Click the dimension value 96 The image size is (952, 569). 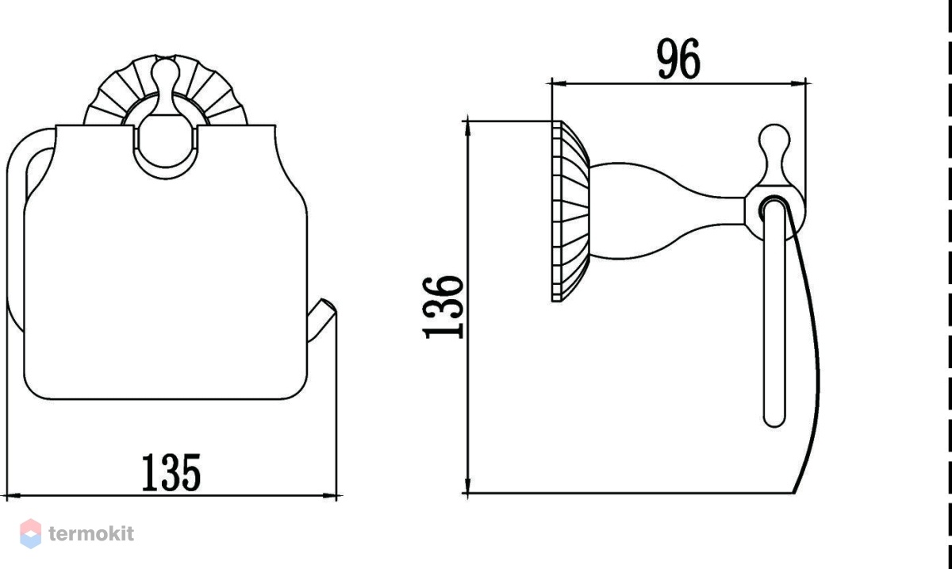[678, 59]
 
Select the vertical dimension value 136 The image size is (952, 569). [443, 307]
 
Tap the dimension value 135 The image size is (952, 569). [171, 472]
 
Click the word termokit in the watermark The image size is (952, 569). [91, 534]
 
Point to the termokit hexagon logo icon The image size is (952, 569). [31, 534]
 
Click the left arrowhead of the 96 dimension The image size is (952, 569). [559, 83]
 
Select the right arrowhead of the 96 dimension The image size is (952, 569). [798, 83]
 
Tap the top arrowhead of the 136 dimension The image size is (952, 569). [467, 129]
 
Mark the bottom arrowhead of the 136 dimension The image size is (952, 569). [467, 485]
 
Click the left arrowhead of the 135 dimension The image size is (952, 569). [14, 496]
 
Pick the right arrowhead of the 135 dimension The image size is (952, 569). [329, 496]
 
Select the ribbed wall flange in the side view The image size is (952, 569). [570, 211]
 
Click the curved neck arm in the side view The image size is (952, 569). [667, 211]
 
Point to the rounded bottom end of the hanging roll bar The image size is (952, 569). [774, 419]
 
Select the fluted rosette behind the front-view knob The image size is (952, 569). [166, 90]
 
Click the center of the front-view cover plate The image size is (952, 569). [166, 263]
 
